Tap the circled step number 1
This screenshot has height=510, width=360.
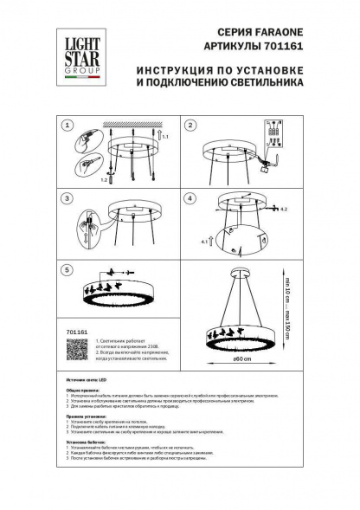(x=66, y=126)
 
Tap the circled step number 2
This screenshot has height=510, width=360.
(x=192, y=126)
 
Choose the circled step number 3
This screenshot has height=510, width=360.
(x=66, y=198)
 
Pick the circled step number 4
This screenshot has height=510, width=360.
(x=192, y=198)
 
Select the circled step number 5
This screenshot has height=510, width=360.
(x=66, y=270)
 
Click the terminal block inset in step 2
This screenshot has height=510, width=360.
(x=275, y=140)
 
